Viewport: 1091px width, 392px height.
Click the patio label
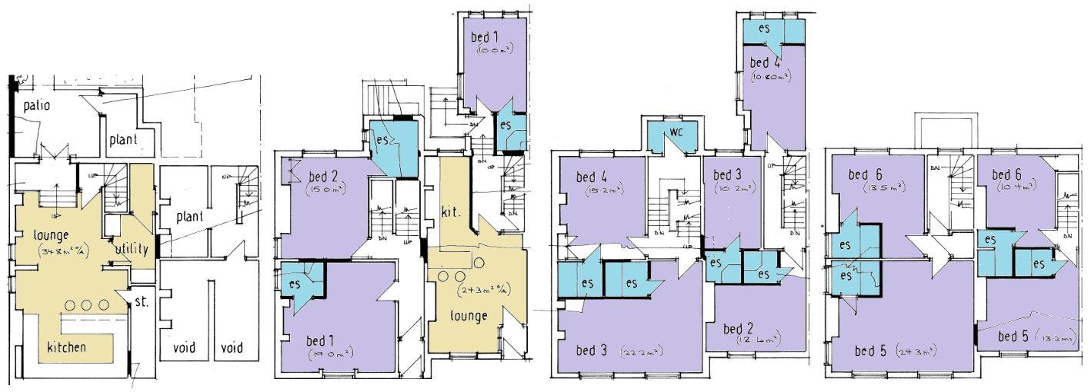tap(36, 105)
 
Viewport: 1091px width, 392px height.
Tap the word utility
tap(132, 249)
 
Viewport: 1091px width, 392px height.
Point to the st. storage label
tap(140, 301)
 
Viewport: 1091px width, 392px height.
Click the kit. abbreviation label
tap(450, 211)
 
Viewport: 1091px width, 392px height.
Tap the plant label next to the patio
tap(123, 140)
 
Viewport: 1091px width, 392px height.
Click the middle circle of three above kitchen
tap(85, 305)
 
